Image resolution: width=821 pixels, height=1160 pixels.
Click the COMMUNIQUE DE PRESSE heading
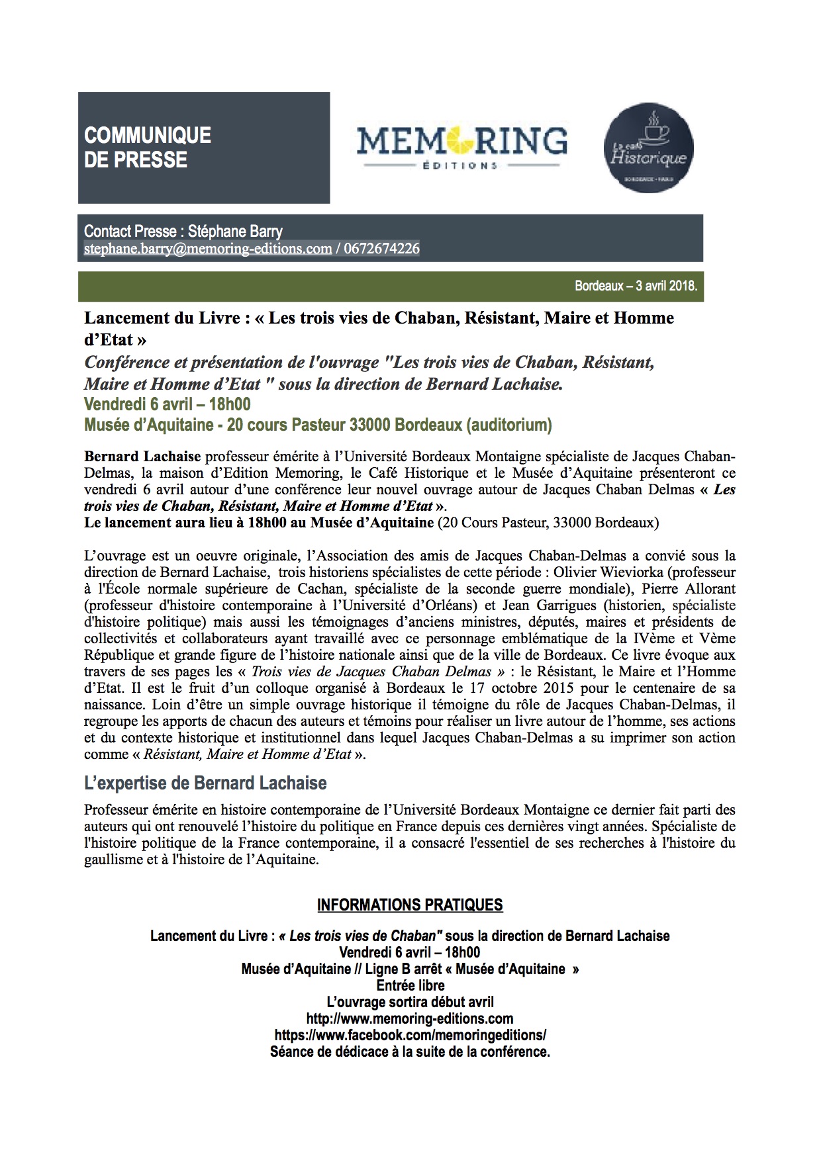pyautogui.click(x=148, y=148)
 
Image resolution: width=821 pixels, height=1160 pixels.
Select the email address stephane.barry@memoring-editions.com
pyautogui.click(x=208, y=249)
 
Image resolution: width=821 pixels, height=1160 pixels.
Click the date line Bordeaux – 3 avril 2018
pyautogui.click(x=636, y=287)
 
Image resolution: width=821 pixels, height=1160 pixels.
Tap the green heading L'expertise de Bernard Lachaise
pyautogui.click(x=205, y=783)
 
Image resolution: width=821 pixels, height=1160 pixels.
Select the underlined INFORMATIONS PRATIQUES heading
pyautogui.click(x=410, y=905)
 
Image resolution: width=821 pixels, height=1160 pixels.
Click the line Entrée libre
pyautogui.click(x=410, y=985)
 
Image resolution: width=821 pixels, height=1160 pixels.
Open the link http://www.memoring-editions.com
pyautogui.click(x=410, y=1018)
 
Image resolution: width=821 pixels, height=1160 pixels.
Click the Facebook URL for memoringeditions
pyautogui.click(x=410, y=1035)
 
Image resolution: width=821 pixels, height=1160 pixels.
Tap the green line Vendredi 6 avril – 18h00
pyautogui.click(x=167, y=404)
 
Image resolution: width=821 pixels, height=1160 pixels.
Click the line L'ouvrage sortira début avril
pyautogui.click(x=410, y=1002)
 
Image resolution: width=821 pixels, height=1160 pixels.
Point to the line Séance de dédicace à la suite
pyautogui.click(x=410, y=1051)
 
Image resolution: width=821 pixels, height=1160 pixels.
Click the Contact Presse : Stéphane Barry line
pyautogui.click(x=183, y=232)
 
